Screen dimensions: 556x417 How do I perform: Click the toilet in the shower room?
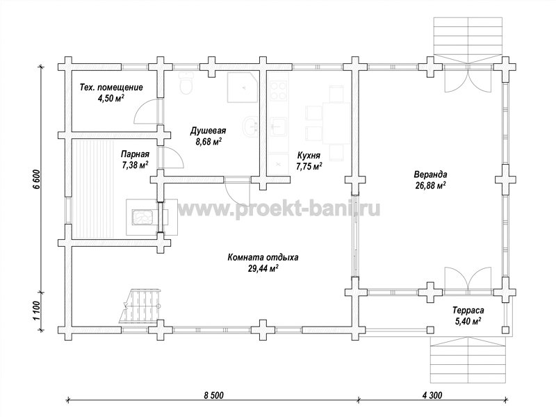[186, 83]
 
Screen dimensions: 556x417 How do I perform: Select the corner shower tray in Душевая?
[243, 88]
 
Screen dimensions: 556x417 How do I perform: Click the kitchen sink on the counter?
[279, 126]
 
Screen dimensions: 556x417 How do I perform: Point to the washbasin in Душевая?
[252, 126]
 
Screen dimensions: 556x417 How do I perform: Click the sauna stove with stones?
[142, 217]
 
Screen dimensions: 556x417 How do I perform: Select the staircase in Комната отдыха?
[141, 306]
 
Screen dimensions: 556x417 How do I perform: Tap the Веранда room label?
[430, 174]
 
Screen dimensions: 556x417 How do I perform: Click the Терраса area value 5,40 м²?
[466, 322]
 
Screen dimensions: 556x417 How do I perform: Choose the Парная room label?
[135, 154]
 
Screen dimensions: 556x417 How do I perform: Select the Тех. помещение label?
[111, 88]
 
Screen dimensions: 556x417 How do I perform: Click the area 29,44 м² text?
[263, 268]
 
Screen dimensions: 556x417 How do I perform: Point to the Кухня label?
[309, 155]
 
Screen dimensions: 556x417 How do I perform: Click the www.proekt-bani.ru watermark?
[279, 209]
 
